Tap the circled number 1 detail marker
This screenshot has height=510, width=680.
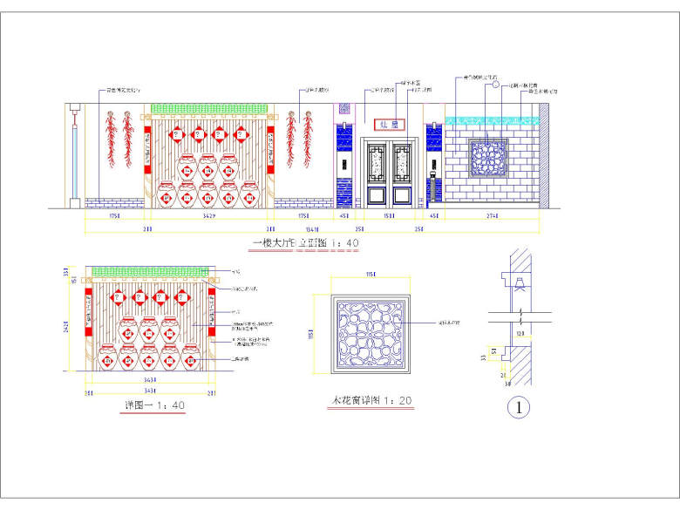(520, 407)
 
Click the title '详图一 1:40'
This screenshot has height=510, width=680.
(154, 405)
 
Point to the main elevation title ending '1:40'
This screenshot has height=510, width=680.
(304, 243)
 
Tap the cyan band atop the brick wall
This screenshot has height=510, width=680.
(491, 120)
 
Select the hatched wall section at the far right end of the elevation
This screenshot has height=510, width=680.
(543, 157)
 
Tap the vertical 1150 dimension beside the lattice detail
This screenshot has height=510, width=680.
(316, 336)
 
